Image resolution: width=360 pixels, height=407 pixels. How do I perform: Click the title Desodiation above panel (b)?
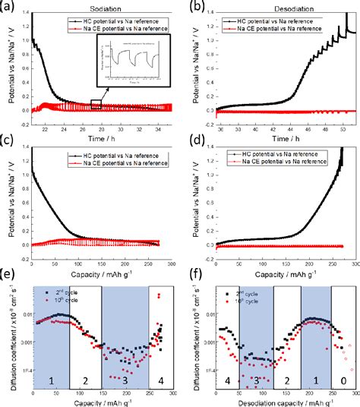pos(278,6)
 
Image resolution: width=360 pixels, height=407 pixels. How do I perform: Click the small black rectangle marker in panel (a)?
pos(96,104)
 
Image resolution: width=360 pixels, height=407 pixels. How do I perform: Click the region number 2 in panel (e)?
pos(85,378)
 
